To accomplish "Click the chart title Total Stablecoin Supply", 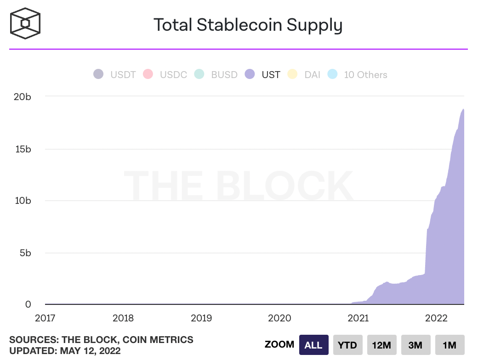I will (x=248, y=25).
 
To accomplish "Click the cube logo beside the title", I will (x=26, y=23).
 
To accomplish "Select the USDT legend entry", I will (x=114, y=74).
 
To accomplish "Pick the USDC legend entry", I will (x=165, y=74).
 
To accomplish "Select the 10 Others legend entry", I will (x=357, y=74).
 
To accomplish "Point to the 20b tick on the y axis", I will (x=22, y=96).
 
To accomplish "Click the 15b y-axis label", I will (x=22, y=149).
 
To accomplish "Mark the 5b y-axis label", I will (x=25, y=253).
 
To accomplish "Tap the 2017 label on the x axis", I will (x=45, y=318).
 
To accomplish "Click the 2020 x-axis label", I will (x=280, y=318).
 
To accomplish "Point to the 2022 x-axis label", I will (x=436, y=318).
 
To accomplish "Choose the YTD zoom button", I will (x=348, y=345).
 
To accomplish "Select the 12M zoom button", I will (x=381, y=345).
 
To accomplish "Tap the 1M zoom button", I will (x=449, y=345).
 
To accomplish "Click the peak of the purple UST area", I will (x=463, y=109).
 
